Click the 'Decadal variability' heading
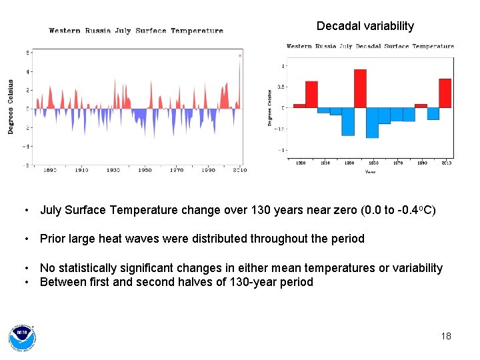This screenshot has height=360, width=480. click(365, 26)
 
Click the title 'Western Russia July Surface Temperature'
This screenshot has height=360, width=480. click(136, 31)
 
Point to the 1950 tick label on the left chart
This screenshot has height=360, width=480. click(145, 171)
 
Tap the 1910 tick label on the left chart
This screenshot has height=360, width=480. click(81, 171)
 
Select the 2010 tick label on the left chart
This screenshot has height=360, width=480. click(240, 171)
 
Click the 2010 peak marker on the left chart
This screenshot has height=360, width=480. click(240, 56)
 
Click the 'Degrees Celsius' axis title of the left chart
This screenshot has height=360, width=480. click(11, 107)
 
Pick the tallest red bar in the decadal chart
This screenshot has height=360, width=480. click(360, 88)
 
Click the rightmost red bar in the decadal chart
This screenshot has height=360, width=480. click(445, 93)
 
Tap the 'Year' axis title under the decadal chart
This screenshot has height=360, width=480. click(370, 172)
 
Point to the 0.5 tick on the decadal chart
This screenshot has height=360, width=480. click(281, 87)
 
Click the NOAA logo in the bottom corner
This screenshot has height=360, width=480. click(22, 337)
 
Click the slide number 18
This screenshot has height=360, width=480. click(446, 336)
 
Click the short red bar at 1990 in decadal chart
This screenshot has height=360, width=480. click(421, 105)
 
